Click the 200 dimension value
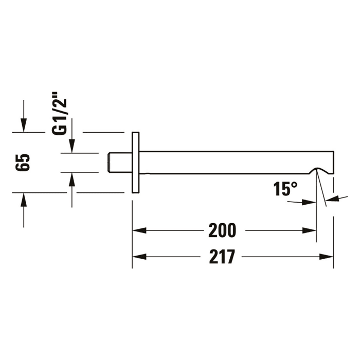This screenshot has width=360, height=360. click(222, 231)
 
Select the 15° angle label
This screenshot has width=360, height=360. click(285, 189)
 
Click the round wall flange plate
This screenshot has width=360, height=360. click(136, 163)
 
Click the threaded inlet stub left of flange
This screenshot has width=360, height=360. click(118, 163)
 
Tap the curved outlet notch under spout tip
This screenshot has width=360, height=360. click(323, 171)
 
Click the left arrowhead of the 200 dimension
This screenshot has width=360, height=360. click(139, 231)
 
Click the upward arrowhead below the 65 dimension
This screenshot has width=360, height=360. click(24, 199)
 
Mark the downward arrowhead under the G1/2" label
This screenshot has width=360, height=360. click(71, 147)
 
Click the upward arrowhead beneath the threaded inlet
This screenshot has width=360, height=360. click(71, 178)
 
